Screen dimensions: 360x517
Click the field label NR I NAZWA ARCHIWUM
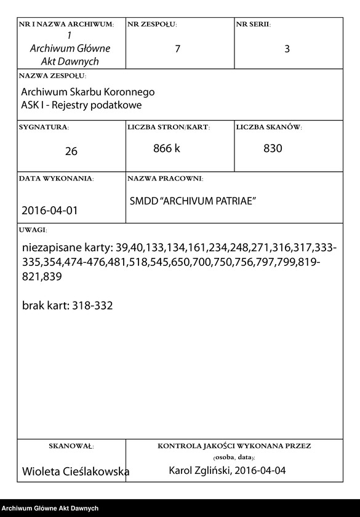click(x=66, y=24)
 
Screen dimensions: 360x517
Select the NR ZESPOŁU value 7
click(x=178, y=49)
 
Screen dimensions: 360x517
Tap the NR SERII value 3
click(x=287, y=49)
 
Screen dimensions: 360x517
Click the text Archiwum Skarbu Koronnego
click(x=87, y=92)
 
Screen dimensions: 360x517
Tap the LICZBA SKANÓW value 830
click(x=273, y=148)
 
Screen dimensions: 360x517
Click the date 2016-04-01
click(x=50, y=210)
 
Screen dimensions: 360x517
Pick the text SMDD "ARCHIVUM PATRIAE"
click(x=193, y=201)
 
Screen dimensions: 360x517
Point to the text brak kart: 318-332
click(x=67, y=305)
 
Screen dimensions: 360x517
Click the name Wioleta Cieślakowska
click(x=75, y=471)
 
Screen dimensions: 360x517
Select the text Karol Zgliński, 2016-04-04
click(x=227, y=471)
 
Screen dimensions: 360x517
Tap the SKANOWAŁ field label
click(x=71, y=445)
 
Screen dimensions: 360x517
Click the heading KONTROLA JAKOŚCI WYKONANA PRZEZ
click(x=234, y=445)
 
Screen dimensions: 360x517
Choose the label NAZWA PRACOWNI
click(x=165, y=178)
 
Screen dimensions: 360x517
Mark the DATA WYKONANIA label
click(x=56, y=178)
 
